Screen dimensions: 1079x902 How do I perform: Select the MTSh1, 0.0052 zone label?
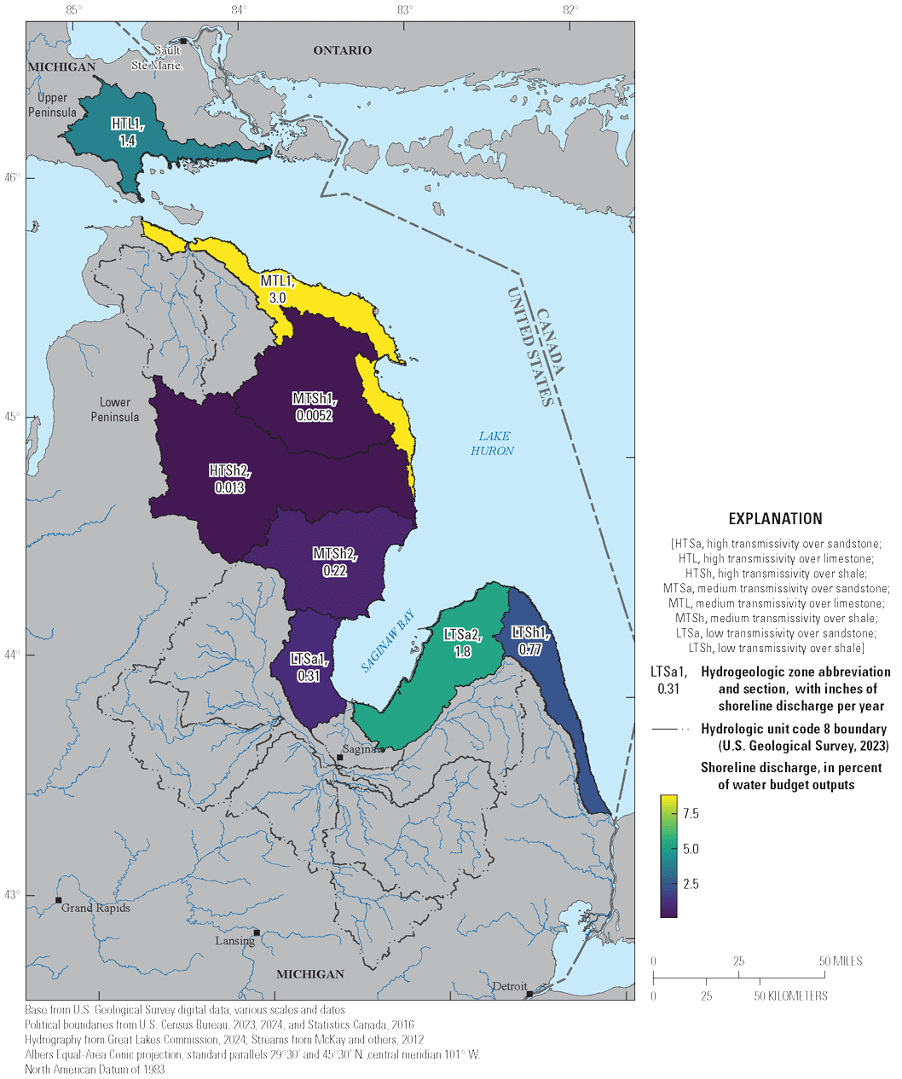coord(314,407)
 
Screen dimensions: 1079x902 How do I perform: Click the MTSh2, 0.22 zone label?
coord(335,563)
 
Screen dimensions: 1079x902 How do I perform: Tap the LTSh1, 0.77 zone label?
coord(529,640)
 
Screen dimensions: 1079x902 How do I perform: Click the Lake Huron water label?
coord(493,443)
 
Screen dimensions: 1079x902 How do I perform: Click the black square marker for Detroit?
coord(529,994)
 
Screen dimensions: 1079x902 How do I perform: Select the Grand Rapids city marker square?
coord(59,900)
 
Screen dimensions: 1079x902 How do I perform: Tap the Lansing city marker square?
coord(257,932)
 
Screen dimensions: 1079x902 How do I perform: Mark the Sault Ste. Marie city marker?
coord(182,40)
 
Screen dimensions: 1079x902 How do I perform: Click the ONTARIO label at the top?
coord(342,50)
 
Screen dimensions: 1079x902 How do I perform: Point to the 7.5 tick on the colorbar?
coord(691,814)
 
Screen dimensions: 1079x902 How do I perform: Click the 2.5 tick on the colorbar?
coord(691,884)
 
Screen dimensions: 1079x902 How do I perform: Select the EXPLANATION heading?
coord(775,518)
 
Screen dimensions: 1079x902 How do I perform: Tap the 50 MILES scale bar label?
coord(839,961)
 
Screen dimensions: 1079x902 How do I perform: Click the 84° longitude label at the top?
coord(240,9)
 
